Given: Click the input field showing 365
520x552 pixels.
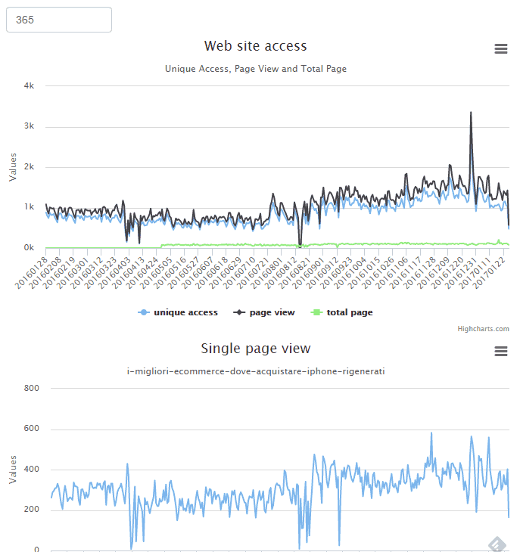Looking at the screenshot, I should pyautogui.click(x=59, y=20).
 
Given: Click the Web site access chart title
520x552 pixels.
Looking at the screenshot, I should pyautogui.click(x=255, y=47).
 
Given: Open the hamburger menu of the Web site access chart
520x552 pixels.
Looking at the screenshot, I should pyautogui.click(x=500, y=49).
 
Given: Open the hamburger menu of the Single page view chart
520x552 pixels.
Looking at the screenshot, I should pyautogui.click(x=500, y=351).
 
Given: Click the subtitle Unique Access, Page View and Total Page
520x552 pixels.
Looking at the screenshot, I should pyautogui.click(x=255, y=69).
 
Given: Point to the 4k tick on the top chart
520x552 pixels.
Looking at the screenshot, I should pyautogui.click(x=29, y=86).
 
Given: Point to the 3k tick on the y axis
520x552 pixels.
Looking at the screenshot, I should pyautogui.click(x=29, y=126).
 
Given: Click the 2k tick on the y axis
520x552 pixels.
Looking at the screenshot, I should pyautogui.click(x=29, y=167).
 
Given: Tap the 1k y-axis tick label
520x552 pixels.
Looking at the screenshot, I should pyautogui.click(x=29, y=207).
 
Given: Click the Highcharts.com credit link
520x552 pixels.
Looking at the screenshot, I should pyautogui.click(x=483, y=329).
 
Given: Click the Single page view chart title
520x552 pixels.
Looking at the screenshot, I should pyautogui.click(x=255, y=349).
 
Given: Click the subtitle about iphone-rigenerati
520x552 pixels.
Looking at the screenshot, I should pyautogui.click(x=255, y=371).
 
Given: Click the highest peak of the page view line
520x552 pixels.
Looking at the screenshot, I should pyautogui.click(x=471, y=113).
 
